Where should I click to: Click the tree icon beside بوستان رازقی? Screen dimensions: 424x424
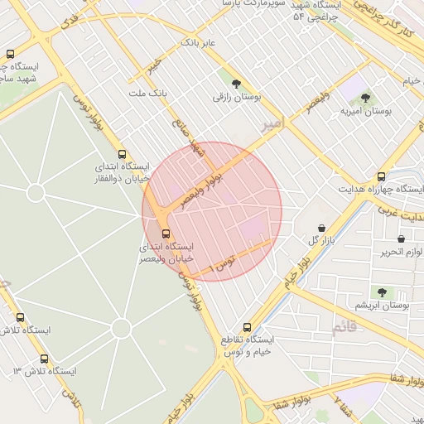(x=237, y=84)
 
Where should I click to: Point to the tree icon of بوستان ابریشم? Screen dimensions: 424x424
(x=382, y=291)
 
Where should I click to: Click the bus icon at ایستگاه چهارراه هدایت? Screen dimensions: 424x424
(x=381, y=176)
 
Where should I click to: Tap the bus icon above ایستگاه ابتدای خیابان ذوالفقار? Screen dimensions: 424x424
(x=123, y=154)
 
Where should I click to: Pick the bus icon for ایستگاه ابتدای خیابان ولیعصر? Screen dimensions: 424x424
(x=166, y=234)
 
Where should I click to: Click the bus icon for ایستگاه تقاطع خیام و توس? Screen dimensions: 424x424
(x=247, y=327)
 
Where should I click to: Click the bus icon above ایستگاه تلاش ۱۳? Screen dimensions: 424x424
(x=44, y=359)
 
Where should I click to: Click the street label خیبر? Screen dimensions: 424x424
(x=153, y=65)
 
